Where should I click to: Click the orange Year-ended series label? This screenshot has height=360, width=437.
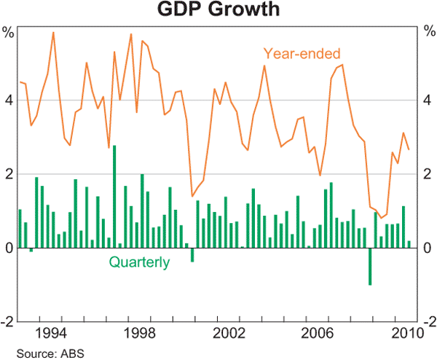302,52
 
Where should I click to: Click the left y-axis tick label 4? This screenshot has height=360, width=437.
9,101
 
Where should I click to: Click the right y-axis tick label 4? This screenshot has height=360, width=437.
428,101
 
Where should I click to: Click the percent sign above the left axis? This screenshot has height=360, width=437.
9,31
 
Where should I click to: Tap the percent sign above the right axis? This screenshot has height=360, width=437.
428,31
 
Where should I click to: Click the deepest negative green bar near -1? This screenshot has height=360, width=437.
370,266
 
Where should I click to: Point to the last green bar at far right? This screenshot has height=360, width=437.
409,244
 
